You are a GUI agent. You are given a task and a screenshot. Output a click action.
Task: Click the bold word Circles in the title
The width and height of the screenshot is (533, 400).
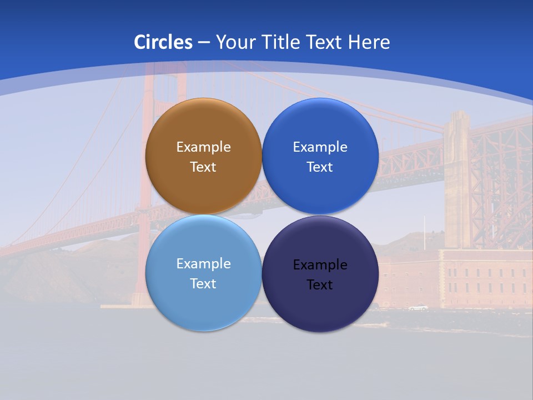[163, 42]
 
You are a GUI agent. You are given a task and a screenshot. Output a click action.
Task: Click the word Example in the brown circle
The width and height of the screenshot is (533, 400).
[203, 147]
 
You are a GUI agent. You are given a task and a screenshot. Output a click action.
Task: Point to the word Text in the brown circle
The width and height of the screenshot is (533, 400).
[203, 167]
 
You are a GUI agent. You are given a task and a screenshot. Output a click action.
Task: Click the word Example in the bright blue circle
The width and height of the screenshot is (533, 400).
[320, 147]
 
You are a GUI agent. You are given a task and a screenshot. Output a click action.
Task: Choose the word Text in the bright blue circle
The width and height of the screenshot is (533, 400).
[320, 167]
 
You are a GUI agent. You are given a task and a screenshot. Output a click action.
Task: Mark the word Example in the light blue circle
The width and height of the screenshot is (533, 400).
[203, 264]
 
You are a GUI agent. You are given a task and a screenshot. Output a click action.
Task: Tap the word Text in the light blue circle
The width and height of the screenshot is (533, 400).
[203, 284]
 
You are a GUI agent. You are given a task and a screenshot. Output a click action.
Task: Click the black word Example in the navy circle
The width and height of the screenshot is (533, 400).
[320, 265]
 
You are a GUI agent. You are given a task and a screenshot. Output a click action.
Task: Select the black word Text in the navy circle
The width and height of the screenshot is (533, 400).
[320, 285]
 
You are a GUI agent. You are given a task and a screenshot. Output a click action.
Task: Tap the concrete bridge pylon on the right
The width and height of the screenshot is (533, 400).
[457, 178]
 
